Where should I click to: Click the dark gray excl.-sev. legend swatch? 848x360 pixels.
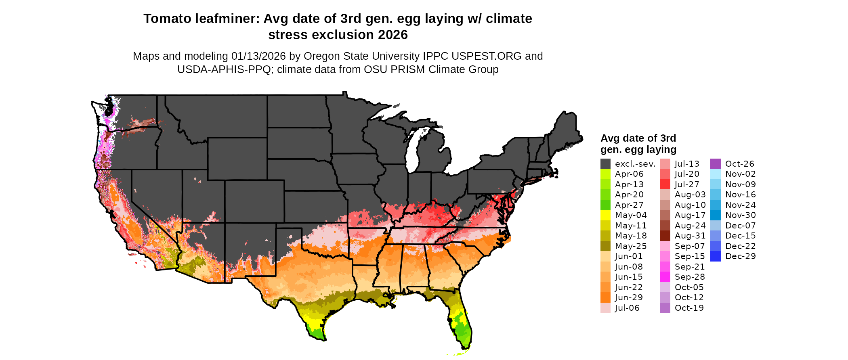pos(605,164)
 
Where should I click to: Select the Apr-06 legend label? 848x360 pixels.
pos(629,174)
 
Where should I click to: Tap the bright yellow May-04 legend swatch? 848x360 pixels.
pos(605,215)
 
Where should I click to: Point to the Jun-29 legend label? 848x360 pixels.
pos(629,297)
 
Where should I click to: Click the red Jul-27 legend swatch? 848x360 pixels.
pos(665,184)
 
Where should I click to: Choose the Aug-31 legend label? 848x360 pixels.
pos(690,236)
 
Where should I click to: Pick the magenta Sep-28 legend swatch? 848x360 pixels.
pos(665,277)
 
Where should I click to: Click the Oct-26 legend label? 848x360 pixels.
pos(739,164)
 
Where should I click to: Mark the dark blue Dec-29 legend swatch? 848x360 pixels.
pos(715,256)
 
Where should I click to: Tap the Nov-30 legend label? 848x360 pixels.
pos(740,215)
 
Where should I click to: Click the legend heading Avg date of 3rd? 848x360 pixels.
pos(638,138)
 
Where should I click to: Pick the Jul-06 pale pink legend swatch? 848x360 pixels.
pos(605,308)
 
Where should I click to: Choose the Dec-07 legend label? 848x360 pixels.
pos(740,226)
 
